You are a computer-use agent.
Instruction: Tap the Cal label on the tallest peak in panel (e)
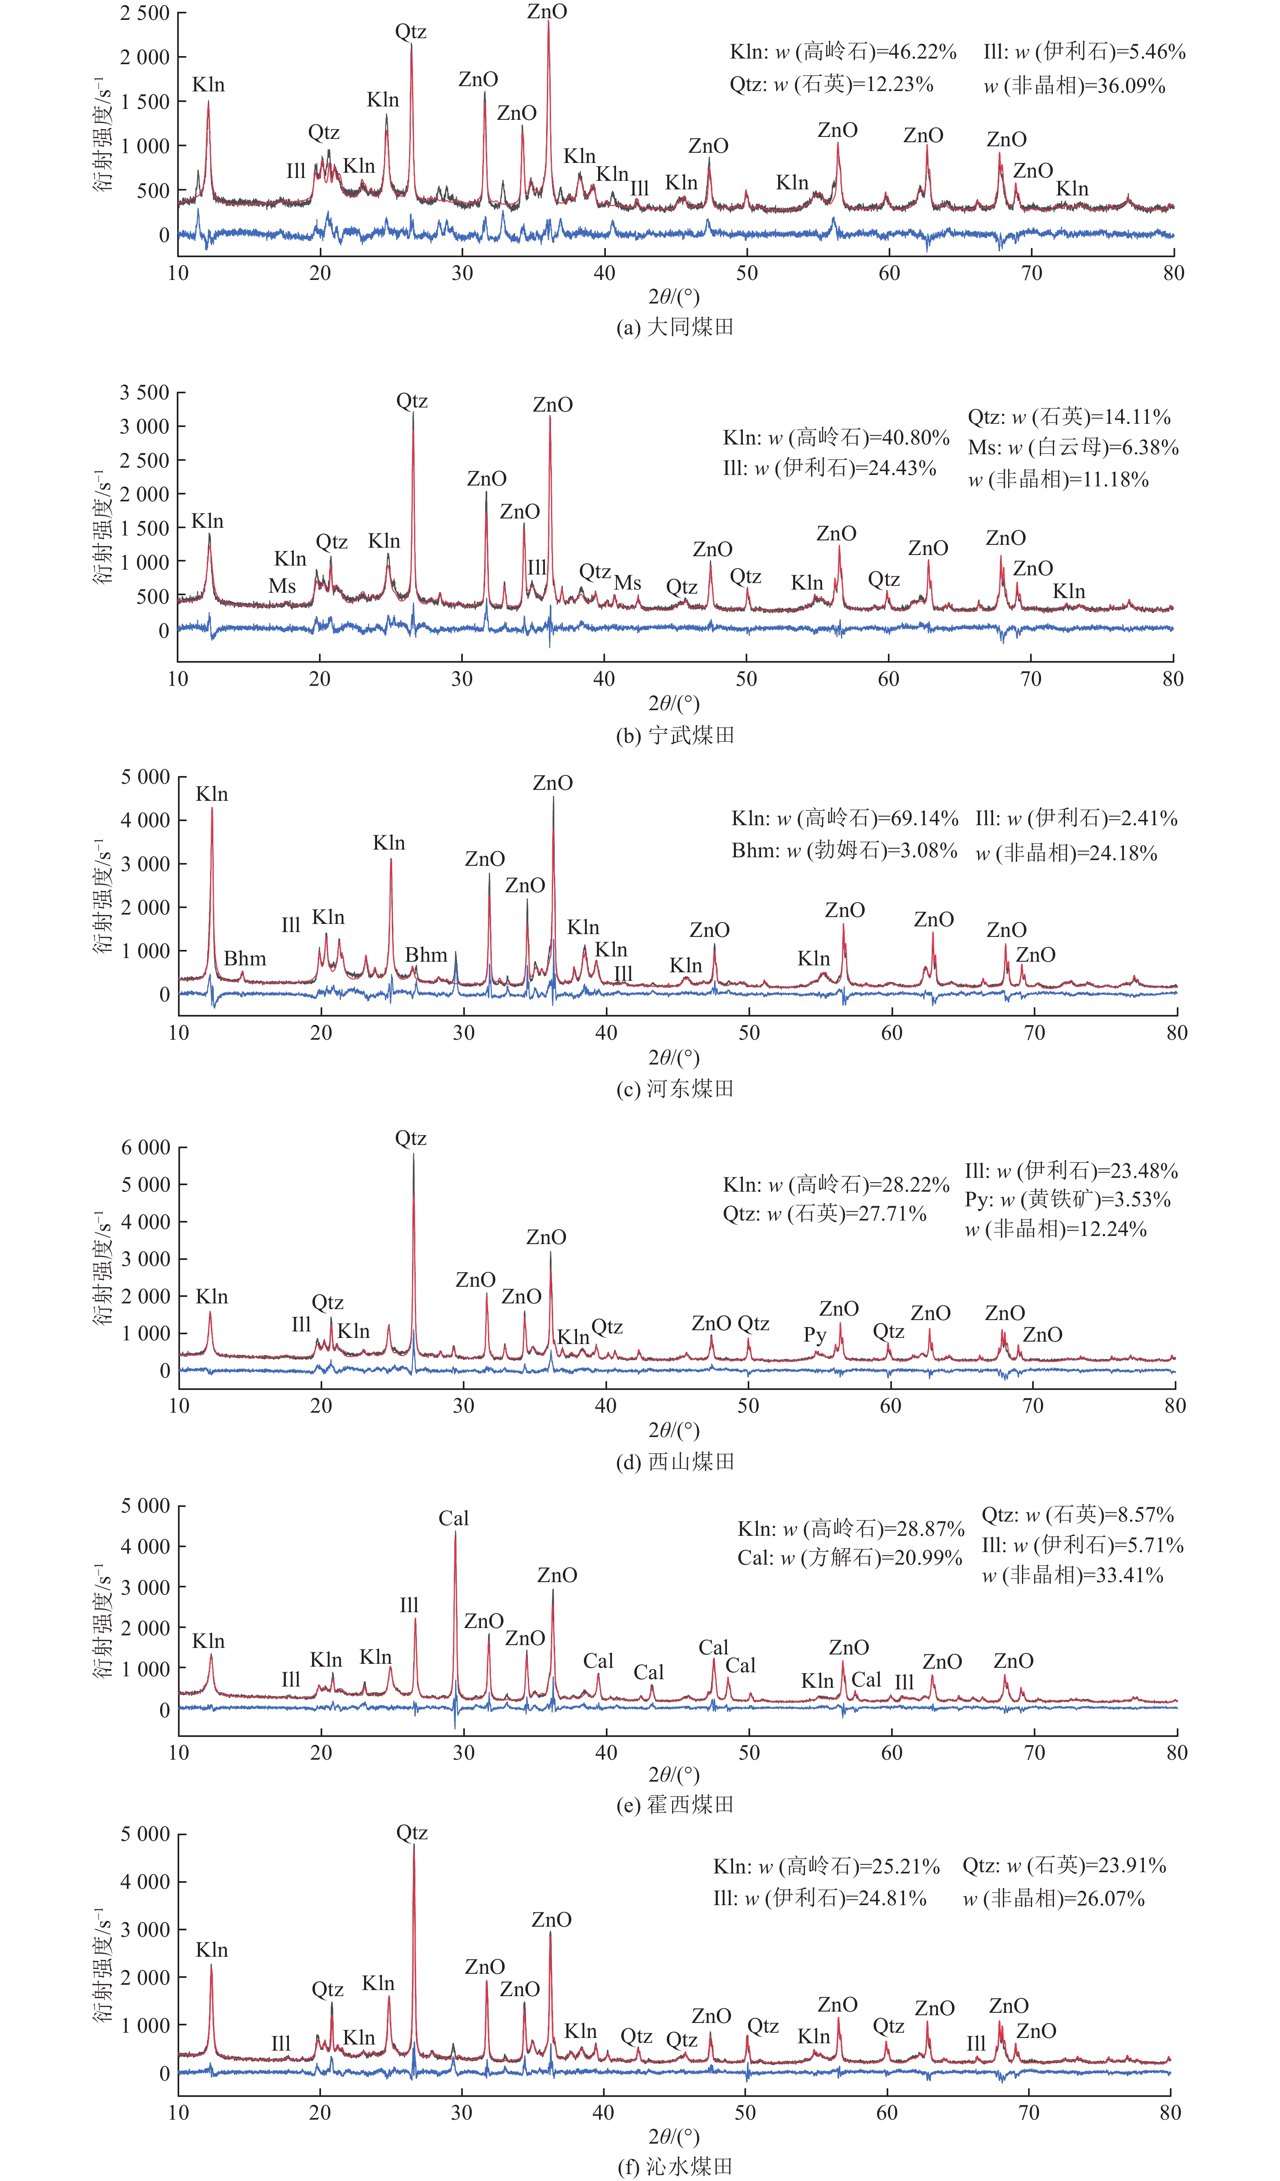[453, 1518]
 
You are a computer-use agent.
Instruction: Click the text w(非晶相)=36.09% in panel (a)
[1074, 86]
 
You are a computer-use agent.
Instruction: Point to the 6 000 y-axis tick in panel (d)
[145, 1148]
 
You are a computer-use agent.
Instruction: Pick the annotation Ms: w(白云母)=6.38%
[1073, 447]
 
